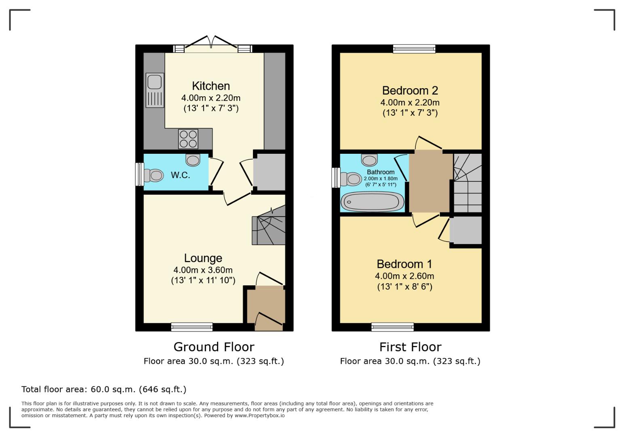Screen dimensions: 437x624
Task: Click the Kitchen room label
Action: click(x=211, y=86)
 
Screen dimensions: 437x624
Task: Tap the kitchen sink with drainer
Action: click(x=155, y=90)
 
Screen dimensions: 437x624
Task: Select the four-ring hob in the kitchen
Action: click(x=188, y=139)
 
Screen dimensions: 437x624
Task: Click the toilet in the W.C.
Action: click(x=154, y=176)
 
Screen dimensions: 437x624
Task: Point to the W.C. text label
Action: click(x=180, y=175)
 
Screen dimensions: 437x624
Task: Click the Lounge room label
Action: click(x=203, y=258)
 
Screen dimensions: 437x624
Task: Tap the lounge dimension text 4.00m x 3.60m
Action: click(x=203, y=270)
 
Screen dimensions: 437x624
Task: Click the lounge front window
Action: click(x=192, y=327)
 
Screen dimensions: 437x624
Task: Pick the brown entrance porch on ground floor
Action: click(x=266, y=308)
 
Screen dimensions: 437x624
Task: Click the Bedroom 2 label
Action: click(x=410, y=90)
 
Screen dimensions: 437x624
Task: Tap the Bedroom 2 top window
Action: click(x=414, y=49)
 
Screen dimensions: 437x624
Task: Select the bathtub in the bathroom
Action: click(x=372, y=201)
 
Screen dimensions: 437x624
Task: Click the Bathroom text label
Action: click(x=380, y=172)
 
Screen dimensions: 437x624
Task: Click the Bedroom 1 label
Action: click(x=404, y=264)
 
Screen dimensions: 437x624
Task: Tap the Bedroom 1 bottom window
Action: click(x=392, y=327)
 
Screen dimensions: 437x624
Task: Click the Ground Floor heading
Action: click(x=214, y=347)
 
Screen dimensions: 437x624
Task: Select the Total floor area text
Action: click(x=104, y=389)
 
